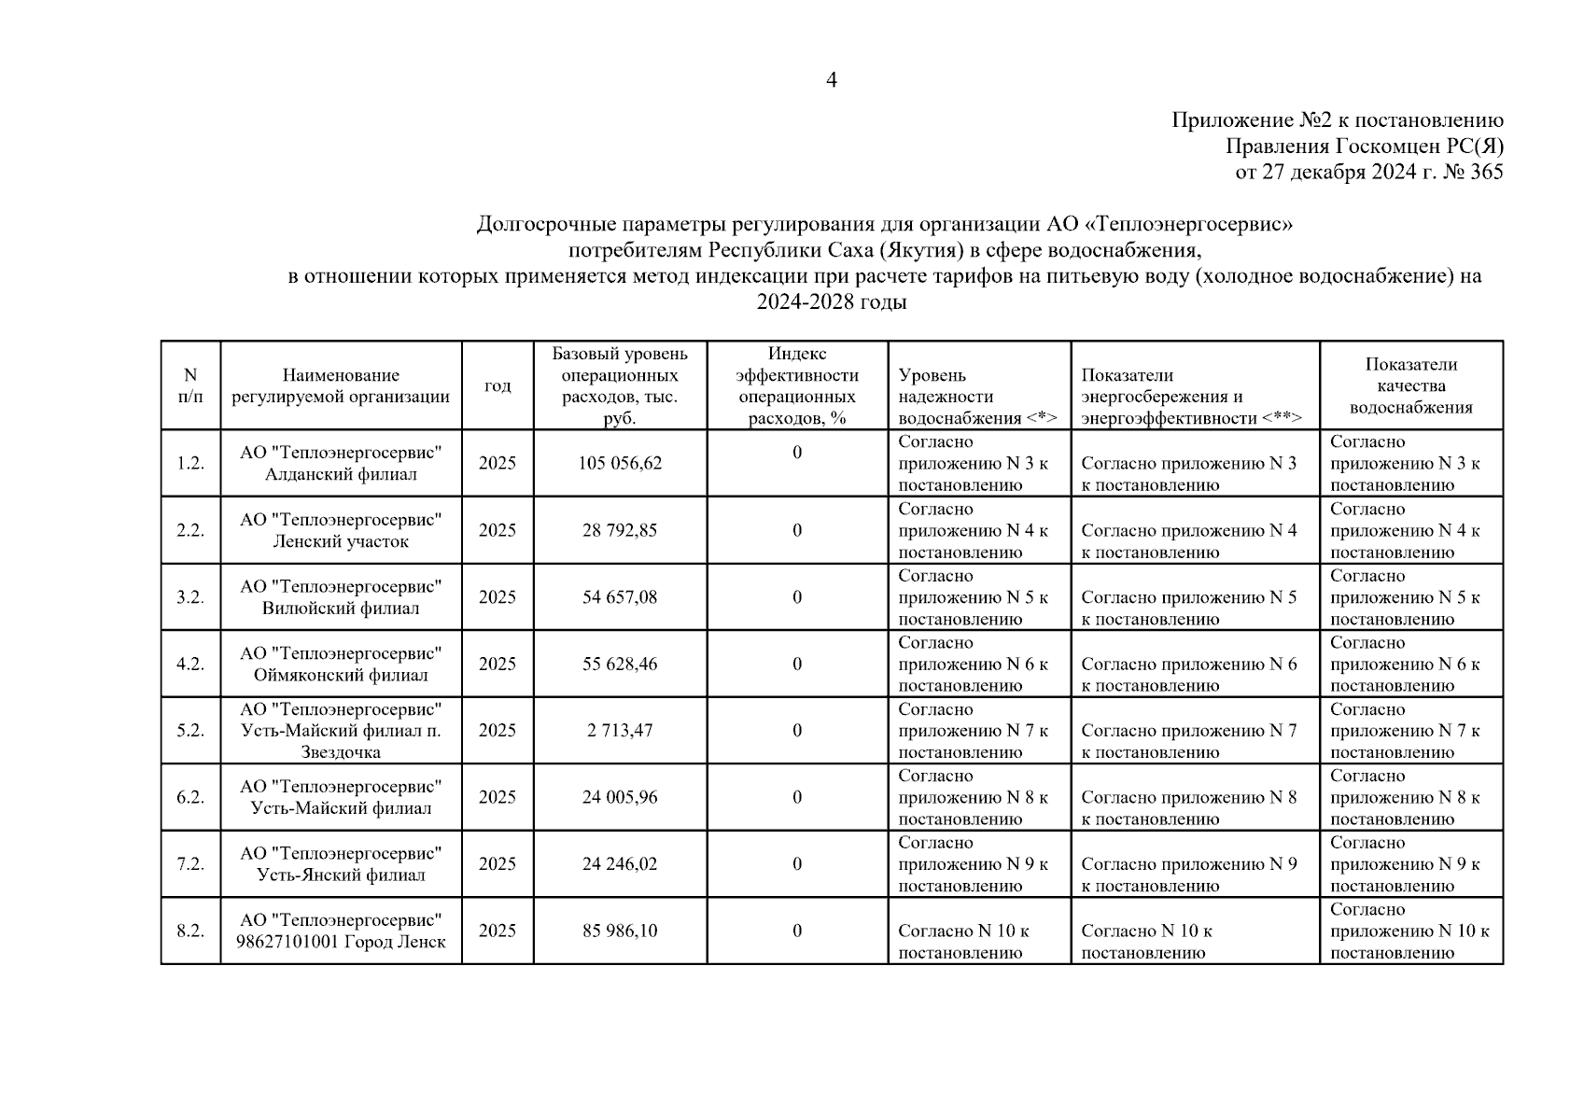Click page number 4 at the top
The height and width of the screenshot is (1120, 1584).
click(x=831, y=80)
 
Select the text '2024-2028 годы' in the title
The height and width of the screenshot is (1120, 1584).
click(x=831, y=302)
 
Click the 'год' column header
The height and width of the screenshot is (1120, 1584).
click(x=498, y=385)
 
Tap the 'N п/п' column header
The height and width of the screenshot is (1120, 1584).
click(x=190, y=385)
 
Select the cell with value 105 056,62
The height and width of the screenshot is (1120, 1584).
click(x=620, y=463)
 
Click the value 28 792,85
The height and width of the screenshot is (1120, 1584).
click(x=620, y=530)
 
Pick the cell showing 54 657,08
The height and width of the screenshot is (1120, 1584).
click(x=620, y=597)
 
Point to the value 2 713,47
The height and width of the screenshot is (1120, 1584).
click(x=620, y=731)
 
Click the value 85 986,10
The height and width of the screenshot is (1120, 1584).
click(x=620, y=931)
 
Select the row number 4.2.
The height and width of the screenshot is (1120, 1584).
click(x=190, y=664)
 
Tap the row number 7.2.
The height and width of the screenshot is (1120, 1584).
click(x=190, y=864)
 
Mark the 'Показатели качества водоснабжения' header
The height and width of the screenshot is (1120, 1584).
click(x=1410, y=385)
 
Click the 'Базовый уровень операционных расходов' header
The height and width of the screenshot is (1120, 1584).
click(x=620, y=385)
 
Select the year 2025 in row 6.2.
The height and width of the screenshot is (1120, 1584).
click(x=498, y=797)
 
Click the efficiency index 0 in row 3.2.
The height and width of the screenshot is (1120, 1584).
click(x=797, y=597)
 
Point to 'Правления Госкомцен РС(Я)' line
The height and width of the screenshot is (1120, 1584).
click(x=1364, y=147)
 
